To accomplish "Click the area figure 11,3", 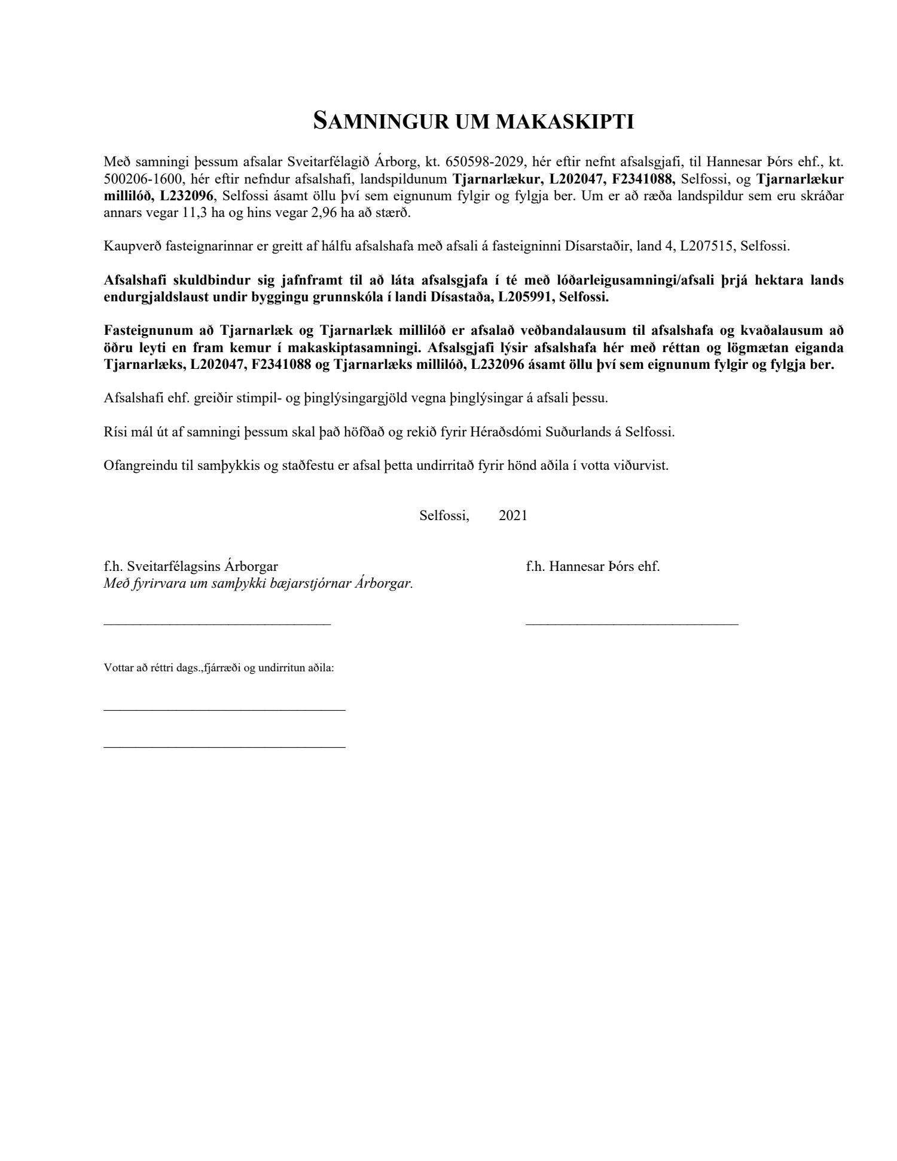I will tap(194, 212).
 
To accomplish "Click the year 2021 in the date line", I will tap(513, 515).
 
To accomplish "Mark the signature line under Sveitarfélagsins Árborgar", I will tap(217, 624).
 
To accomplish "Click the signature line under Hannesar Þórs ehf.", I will tap(632, 624).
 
